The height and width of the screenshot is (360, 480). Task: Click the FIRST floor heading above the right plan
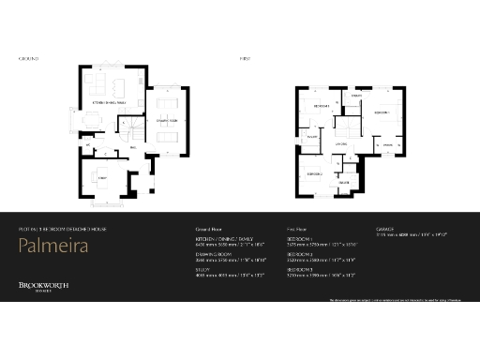[x=246, y=58]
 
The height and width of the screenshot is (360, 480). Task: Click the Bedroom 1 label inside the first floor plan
[x=382, y=112]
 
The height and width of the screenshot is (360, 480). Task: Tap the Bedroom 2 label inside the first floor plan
[x=314, y=173]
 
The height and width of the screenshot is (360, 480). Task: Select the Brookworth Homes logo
[x=43, y=287]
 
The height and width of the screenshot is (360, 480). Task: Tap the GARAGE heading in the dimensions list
[x=385, y=228]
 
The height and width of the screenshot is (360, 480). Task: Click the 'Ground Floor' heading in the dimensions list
[x=208, y=228]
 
